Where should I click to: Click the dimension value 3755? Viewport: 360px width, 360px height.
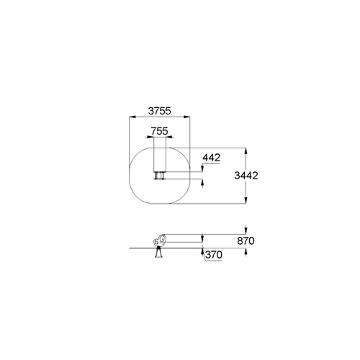pos(160,111)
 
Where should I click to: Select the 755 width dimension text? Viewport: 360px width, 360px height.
pos(160,131)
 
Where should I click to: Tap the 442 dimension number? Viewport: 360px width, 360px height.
pos(212,158)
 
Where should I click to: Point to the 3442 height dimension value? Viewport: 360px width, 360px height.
pos(246,176)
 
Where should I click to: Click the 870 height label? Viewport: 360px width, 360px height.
pos(246,240)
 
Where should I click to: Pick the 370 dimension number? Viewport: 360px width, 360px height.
pos(214,255)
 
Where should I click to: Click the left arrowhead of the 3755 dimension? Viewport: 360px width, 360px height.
pos(132,117)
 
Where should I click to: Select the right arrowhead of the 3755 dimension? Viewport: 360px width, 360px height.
pos(186,117)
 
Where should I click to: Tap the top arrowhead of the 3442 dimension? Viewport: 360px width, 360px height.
pos(246,151)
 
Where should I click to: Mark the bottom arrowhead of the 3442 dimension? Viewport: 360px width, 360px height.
pos(246,200)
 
